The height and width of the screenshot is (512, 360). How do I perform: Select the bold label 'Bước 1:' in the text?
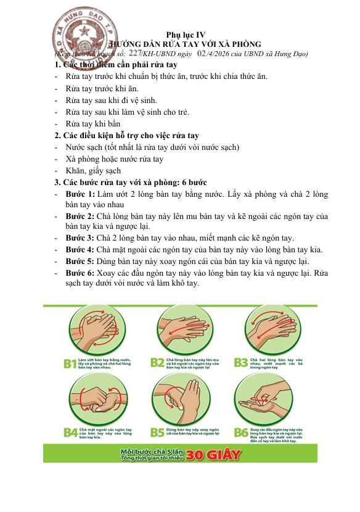[80, 194]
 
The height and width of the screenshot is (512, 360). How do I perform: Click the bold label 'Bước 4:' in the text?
[80, 250]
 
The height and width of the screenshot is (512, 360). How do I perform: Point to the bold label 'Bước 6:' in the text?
[80, 272]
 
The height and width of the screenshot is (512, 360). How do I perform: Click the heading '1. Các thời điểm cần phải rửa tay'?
[116, 65]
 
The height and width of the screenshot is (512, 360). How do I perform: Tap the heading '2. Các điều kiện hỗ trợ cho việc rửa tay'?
[126, 136]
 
